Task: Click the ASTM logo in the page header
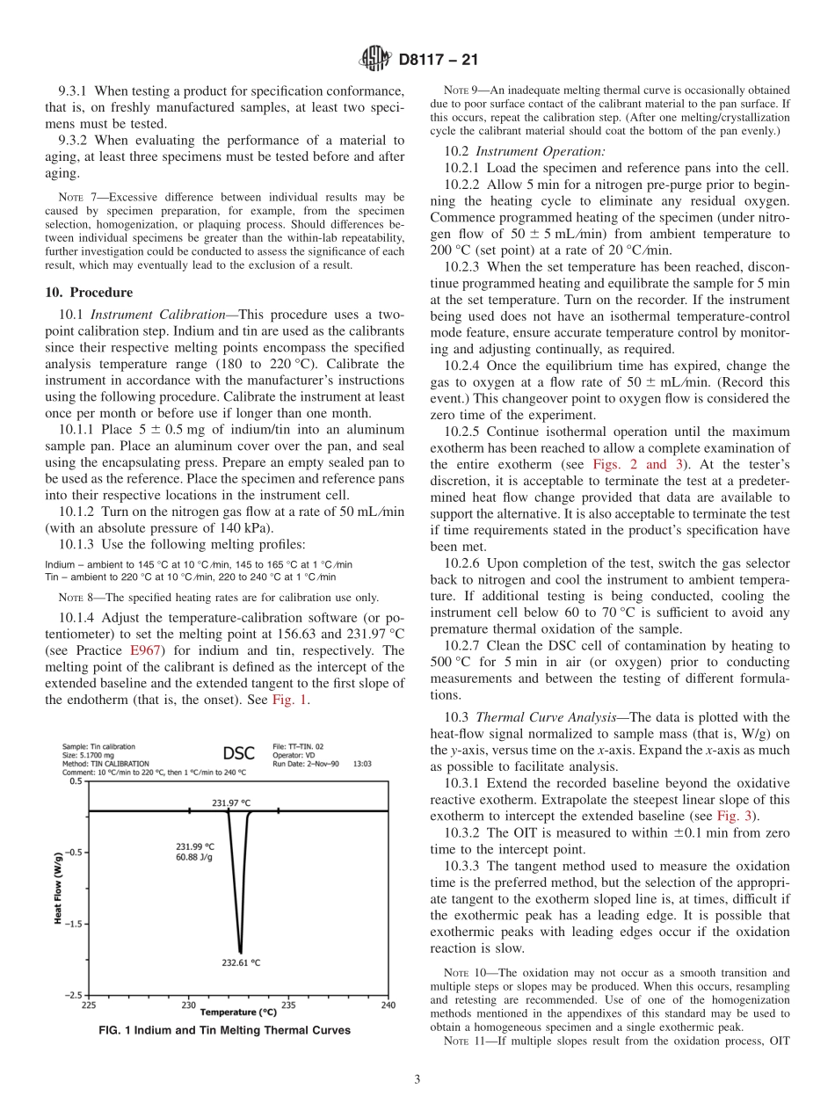coord(374,61)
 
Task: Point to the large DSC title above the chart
coord(238,753)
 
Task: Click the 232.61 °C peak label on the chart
coord(240,962)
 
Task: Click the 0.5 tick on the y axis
coord(76,780)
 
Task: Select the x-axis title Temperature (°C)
coord(238,1013)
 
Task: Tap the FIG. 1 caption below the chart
coord(224,1030)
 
